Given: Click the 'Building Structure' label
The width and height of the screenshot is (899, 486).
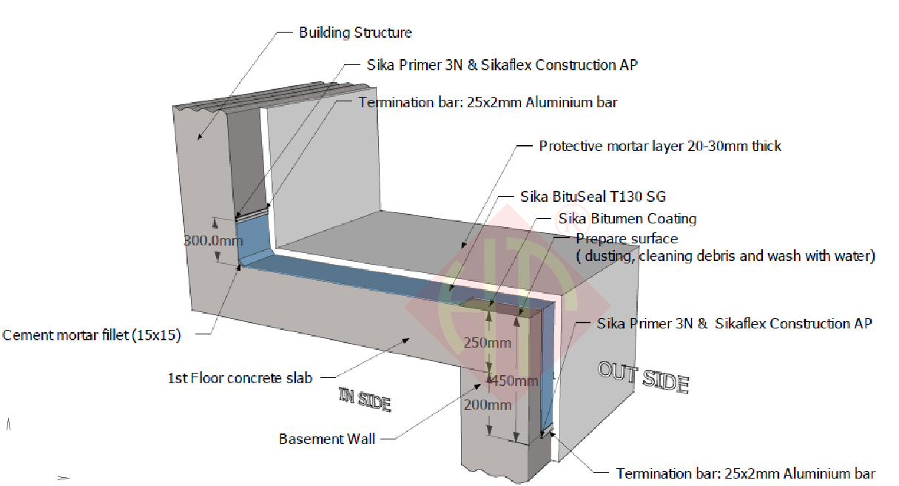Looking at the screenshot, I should tap(355, 33).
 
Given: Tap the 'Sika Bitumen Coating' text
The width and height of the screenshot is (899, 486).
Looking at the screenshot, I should tap(627, 218).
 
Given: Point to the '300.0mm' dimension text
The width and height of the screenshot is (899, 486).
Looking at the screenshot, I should tap(213, 240).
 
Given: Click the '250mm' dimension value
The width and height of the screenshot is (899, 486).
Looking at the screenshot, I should tap(487, 343).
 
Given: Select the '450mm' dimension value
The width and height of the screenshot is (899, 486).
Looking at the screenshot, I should tap(511, 381).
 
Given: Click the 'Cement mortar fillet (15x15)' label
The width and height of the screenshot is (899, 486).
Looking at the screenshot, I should tap(92, 335).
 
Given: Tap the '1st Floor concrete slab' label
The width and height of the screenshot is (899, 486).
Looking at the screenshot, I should tap(240, 378).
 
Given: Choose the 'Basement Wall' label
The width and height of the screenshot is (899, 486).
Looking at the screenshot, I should tap(327, 439).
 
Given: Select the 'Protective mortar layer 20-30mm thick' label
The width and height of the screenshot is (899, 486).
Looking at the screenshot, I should tap(660, 146).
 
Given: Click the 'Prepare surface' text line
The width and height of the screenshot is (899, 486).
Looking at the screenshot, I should tap(627, 238).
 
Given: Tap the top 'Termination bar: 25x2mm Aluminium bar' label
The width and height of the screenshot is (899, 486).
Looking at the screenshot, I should tap(488, 103).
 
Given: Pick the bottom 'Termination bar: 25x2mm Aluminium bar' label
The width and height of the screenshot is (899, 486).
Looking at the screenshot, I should tap(746, 473).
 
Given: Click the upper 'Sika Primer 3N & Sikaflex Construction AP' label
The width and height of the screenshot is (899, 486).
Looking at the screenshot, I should tap(502, 65).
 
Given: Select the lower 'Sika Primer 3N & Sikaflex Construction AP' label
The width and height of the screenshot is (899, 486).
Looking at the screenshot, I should tap(735, 323).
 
